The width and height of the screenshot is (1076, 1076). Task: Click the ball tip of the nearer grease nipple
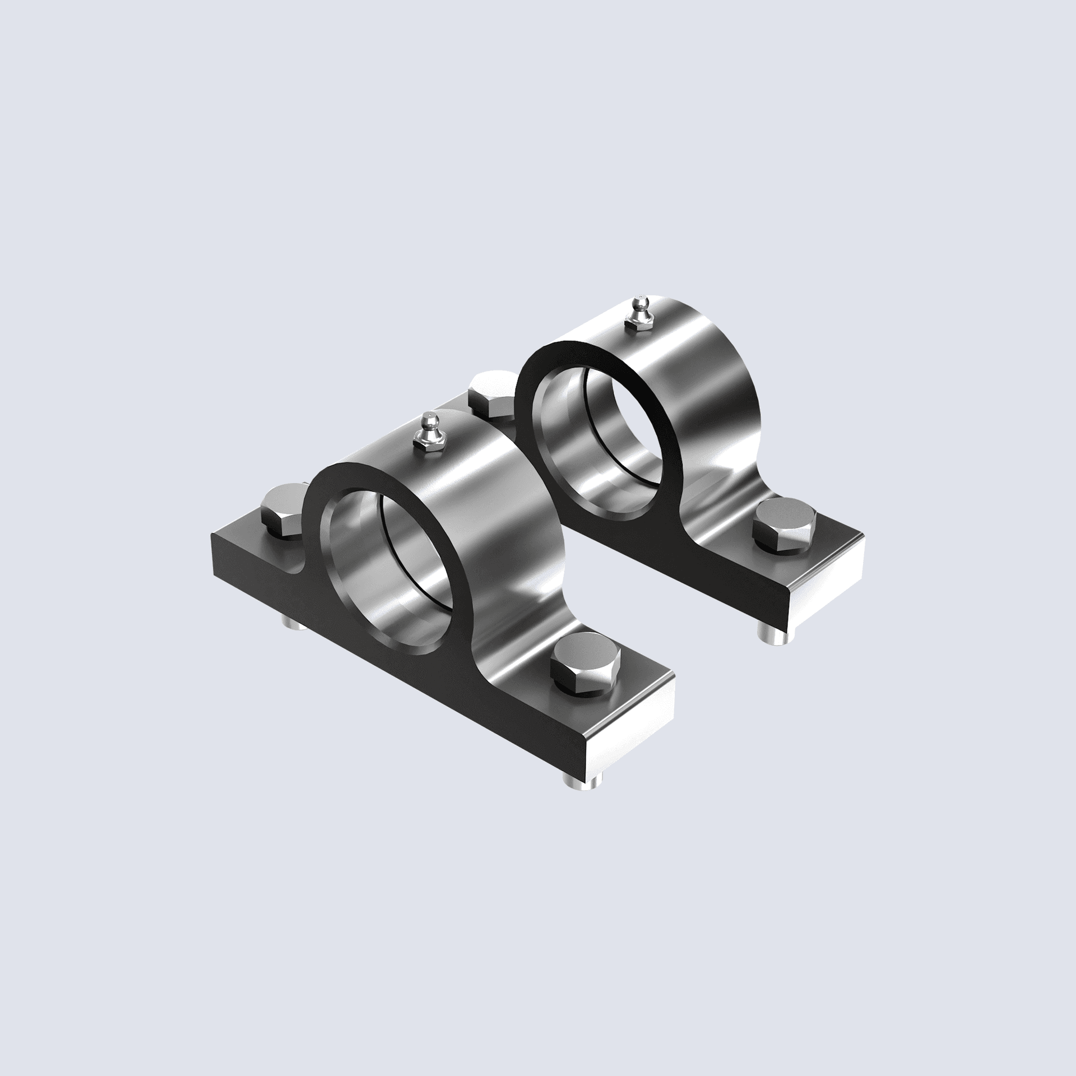[428, 418]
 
